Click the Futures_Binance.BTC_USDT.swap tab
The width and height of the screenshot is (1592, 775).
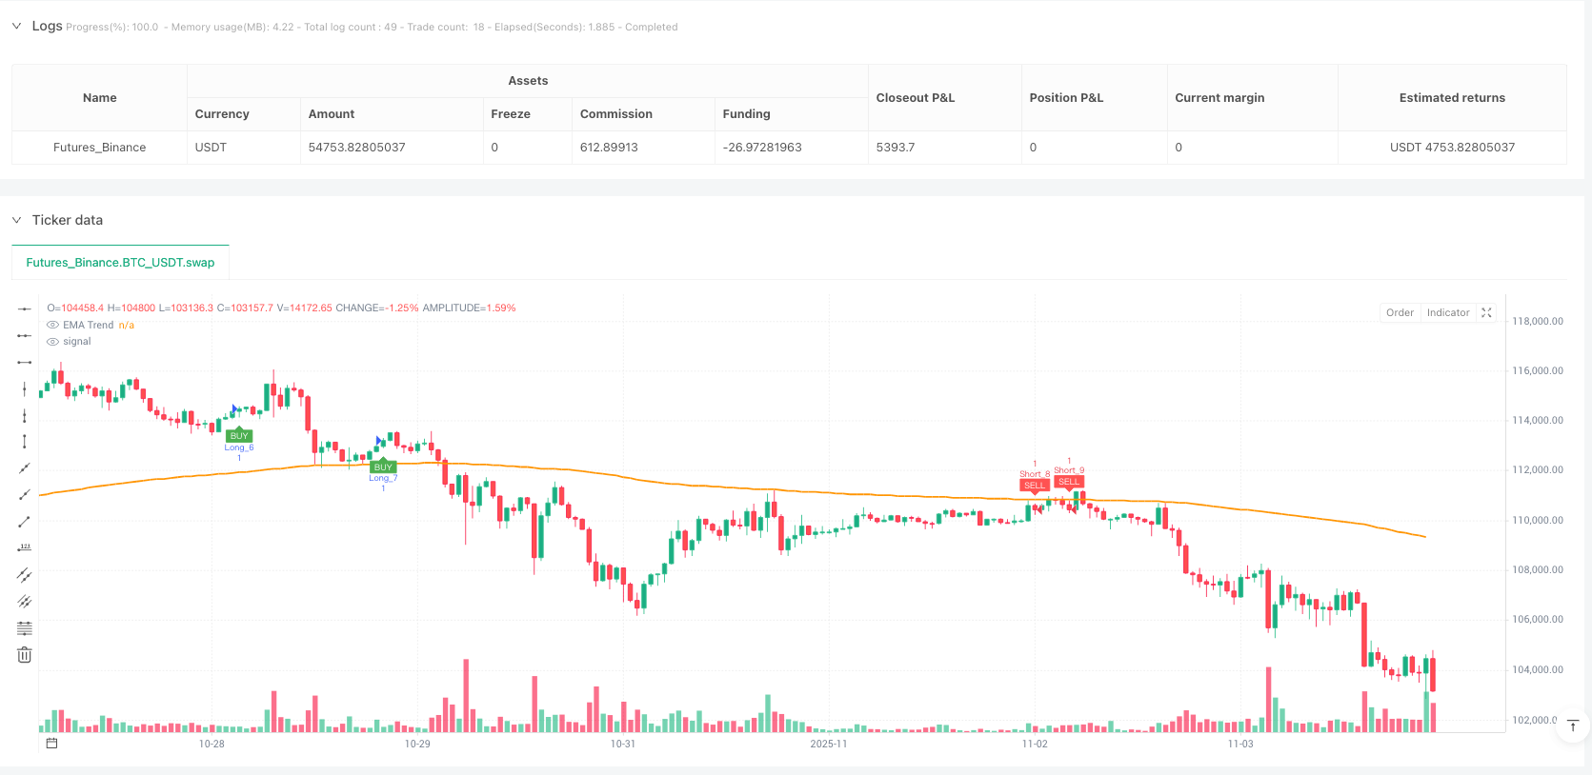click(120, 263)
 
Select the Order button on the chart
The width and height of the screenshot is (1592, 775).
click(1400, 312)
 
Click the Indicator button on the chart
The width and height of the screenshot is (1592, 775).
click(1447, 312)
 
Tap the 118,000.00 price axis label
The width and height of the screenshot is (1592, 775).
click(1537, 322)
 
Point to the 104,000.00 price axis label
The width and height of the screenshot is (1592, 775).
click(1537, 670)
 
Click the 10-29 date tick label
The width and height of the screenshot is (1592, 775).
click(417, 744)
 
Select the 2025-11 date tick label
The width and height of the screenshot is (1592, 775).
click(828, 744)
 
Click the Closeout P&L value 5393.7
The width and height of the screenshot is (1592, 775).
click(896, 148)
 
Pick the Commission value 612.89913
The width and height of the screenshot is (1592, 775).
click(609, 148)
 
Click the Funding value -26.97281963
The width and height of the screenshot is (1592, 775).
click(762, 148)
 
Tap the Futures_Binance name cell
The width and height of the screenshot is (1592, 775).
click(99, 148)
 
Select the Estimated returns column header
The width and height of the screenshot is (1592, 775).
click(1452, 98)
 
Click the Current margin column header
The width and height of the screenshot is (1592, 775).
click(1219, 98)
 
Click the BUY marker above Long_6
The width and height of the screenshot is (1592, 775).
click(239, 436)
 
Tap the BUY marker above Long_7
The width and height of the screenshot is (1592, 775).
click(383, 467)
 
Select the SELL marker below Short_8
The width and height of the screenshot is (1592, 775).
click(1034, 486)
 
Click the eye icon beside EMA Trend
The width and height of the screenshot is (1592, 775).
click(53, 326)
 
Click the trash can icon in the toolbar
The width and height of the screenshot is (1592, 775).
click(25, 655)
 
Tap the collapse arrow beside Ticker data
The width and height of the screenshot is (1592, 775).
click(16, 220)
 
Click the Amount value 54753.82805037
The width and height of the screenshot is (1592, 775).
click(356, 148)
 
